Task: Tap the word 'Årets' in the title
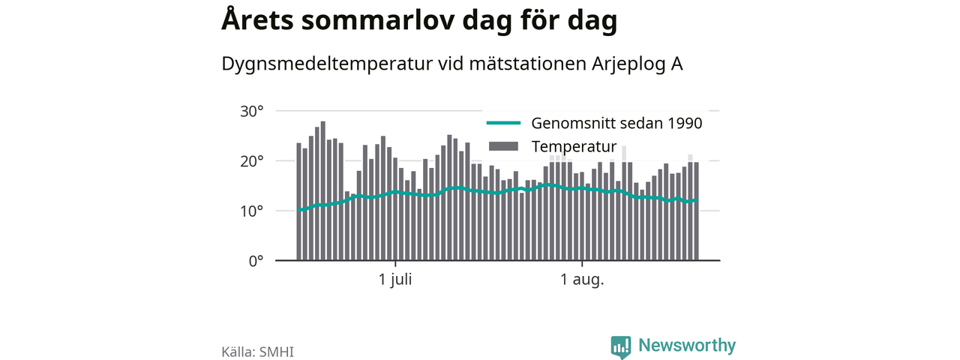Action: coord(257,19)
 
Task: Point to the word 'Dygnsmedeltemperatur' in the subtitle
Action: coord(327,64)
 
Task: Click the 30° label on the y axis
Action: coord(251,112)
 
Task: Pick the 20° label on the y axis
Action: coord(251,161)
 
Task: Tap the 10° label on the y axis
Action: coord(251,211)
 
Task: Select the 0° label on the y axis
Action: coord(256,261)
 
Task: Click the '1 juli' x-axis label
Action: coord(395,280)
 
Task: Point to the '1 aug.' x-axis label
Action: coord(582,280)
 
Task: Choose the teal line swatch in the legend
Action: coord(503,123)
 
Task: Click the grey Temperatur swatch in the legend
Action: coord(503,146)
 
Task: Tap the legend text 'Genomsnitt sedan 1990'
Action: coord(616,124)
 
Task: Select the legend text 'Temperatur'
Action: coord(574,146)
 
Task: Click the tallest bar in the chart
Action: coord(322,190)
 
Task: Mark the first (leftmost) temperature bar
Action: coord(298,202)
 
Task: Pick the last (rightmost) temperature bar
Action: coord(697,211)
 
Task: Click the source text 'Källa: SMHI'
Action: coord(257,352)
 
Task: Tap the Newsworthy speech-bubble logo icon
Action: coord(621,347)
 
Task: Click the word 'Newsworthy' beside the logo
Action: coord(687,346)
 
